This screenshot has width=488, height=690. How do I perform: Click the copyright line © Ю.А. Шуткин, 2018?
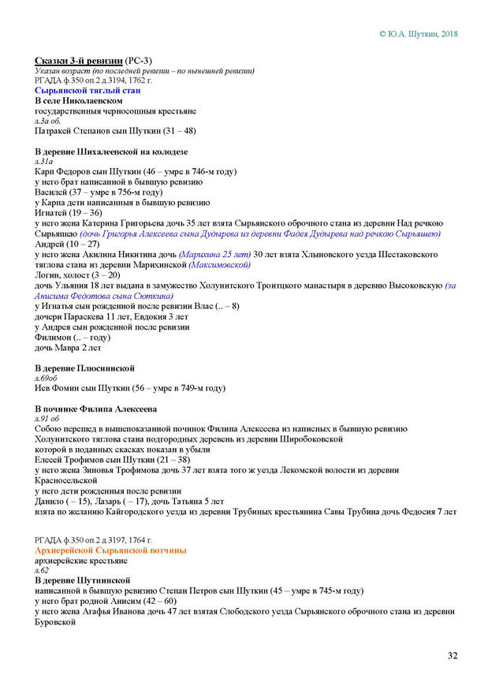[418, 34]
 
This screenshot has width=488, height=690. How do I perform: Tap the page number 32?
[453, 655]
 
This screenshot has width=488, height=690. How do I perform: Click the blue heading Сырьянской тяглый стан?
[88, 91]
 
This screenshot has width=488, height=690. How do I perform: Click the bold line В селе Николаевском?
[79, 101]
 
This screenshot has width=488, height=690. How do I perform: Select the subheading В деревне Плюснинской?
[85, 367]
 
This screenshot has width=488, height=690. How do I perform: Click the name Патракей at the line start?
[56, 131]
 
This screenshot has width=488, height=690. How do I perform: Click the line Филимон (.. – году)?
[73, 336]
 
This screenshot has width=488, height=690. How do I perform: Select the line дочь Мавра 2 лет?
[68, 347]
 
